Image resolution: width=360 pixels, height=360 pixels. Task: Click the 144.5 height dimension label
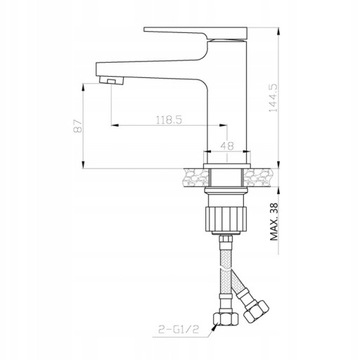pos(274,97)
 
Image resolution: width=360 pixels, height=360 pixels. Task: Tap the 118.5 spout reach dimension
pos(169,120)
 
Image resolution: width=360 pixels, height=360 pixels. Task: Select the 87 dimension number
pos(78,126)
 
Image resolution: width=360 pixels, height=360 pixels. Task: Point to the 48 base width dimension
pos(227,146)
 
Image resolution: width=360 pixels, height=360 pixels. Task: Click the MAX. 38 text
pos(274,221)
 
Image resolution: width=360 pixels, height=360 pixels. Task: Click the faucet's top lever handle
pos(196,33)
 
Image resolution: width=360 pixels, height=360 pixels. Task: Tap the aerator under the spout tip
pos(111,80)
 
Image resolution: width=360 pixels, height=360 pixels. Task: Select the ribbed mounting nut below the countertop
pos(226,220)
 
